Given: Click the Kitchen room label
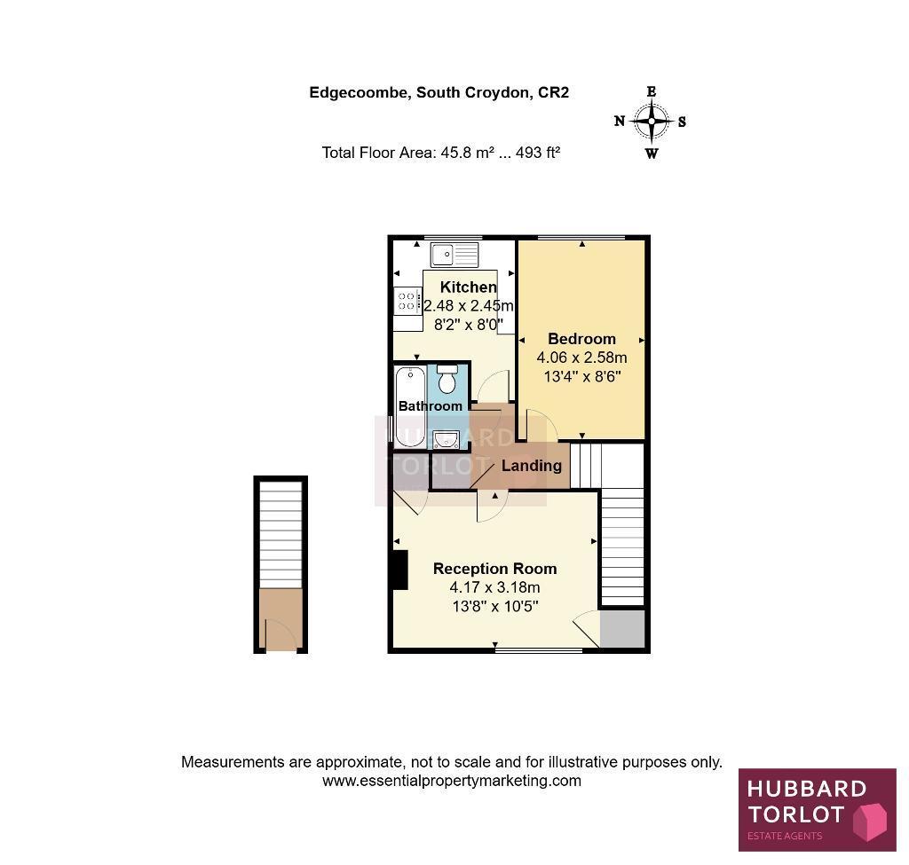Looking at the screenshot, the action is (x=469, y=287).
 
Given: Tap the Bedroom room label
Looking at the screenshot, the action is (x=582, y=339).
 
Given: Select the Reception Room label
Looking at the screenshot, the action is (x=495, y=569).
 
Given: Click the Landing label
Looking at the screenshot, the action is (x=532, y=466).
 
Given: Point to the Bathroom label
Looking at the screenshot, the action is (x=431, y=406).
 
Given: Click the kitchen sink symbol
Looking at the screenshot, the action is (x=454, y=255).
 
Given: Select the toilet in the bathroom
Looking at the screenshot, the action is (x=447, y=379).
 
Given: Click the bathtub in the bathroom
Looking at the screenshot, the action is (x=410, y=406).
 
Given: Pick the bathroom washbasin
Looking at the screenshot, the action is (x=446, y=440).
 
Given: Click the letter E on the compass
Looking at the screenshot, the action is (x=652, y=91).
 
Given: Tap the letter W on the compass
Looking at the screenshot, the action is (x=652, y=153).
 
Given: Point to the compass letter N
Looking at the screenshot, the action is (x=620, y=121).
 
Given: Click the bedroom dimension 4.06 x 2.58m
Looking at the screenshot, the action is (x=582, y=358).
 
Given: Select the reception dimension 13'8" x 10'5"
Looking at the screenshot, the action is (x=495, y=607).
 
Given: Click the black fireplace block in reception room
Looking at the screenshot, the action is (x=400, y=570).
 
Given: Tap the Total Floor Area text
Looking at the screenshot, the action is (x=440, y=153).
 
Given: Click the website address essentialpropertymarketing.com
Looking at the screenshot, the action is (x=452, y=781).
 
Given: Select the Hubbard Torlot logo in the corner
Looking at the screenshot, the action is (x=818, y=810).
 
